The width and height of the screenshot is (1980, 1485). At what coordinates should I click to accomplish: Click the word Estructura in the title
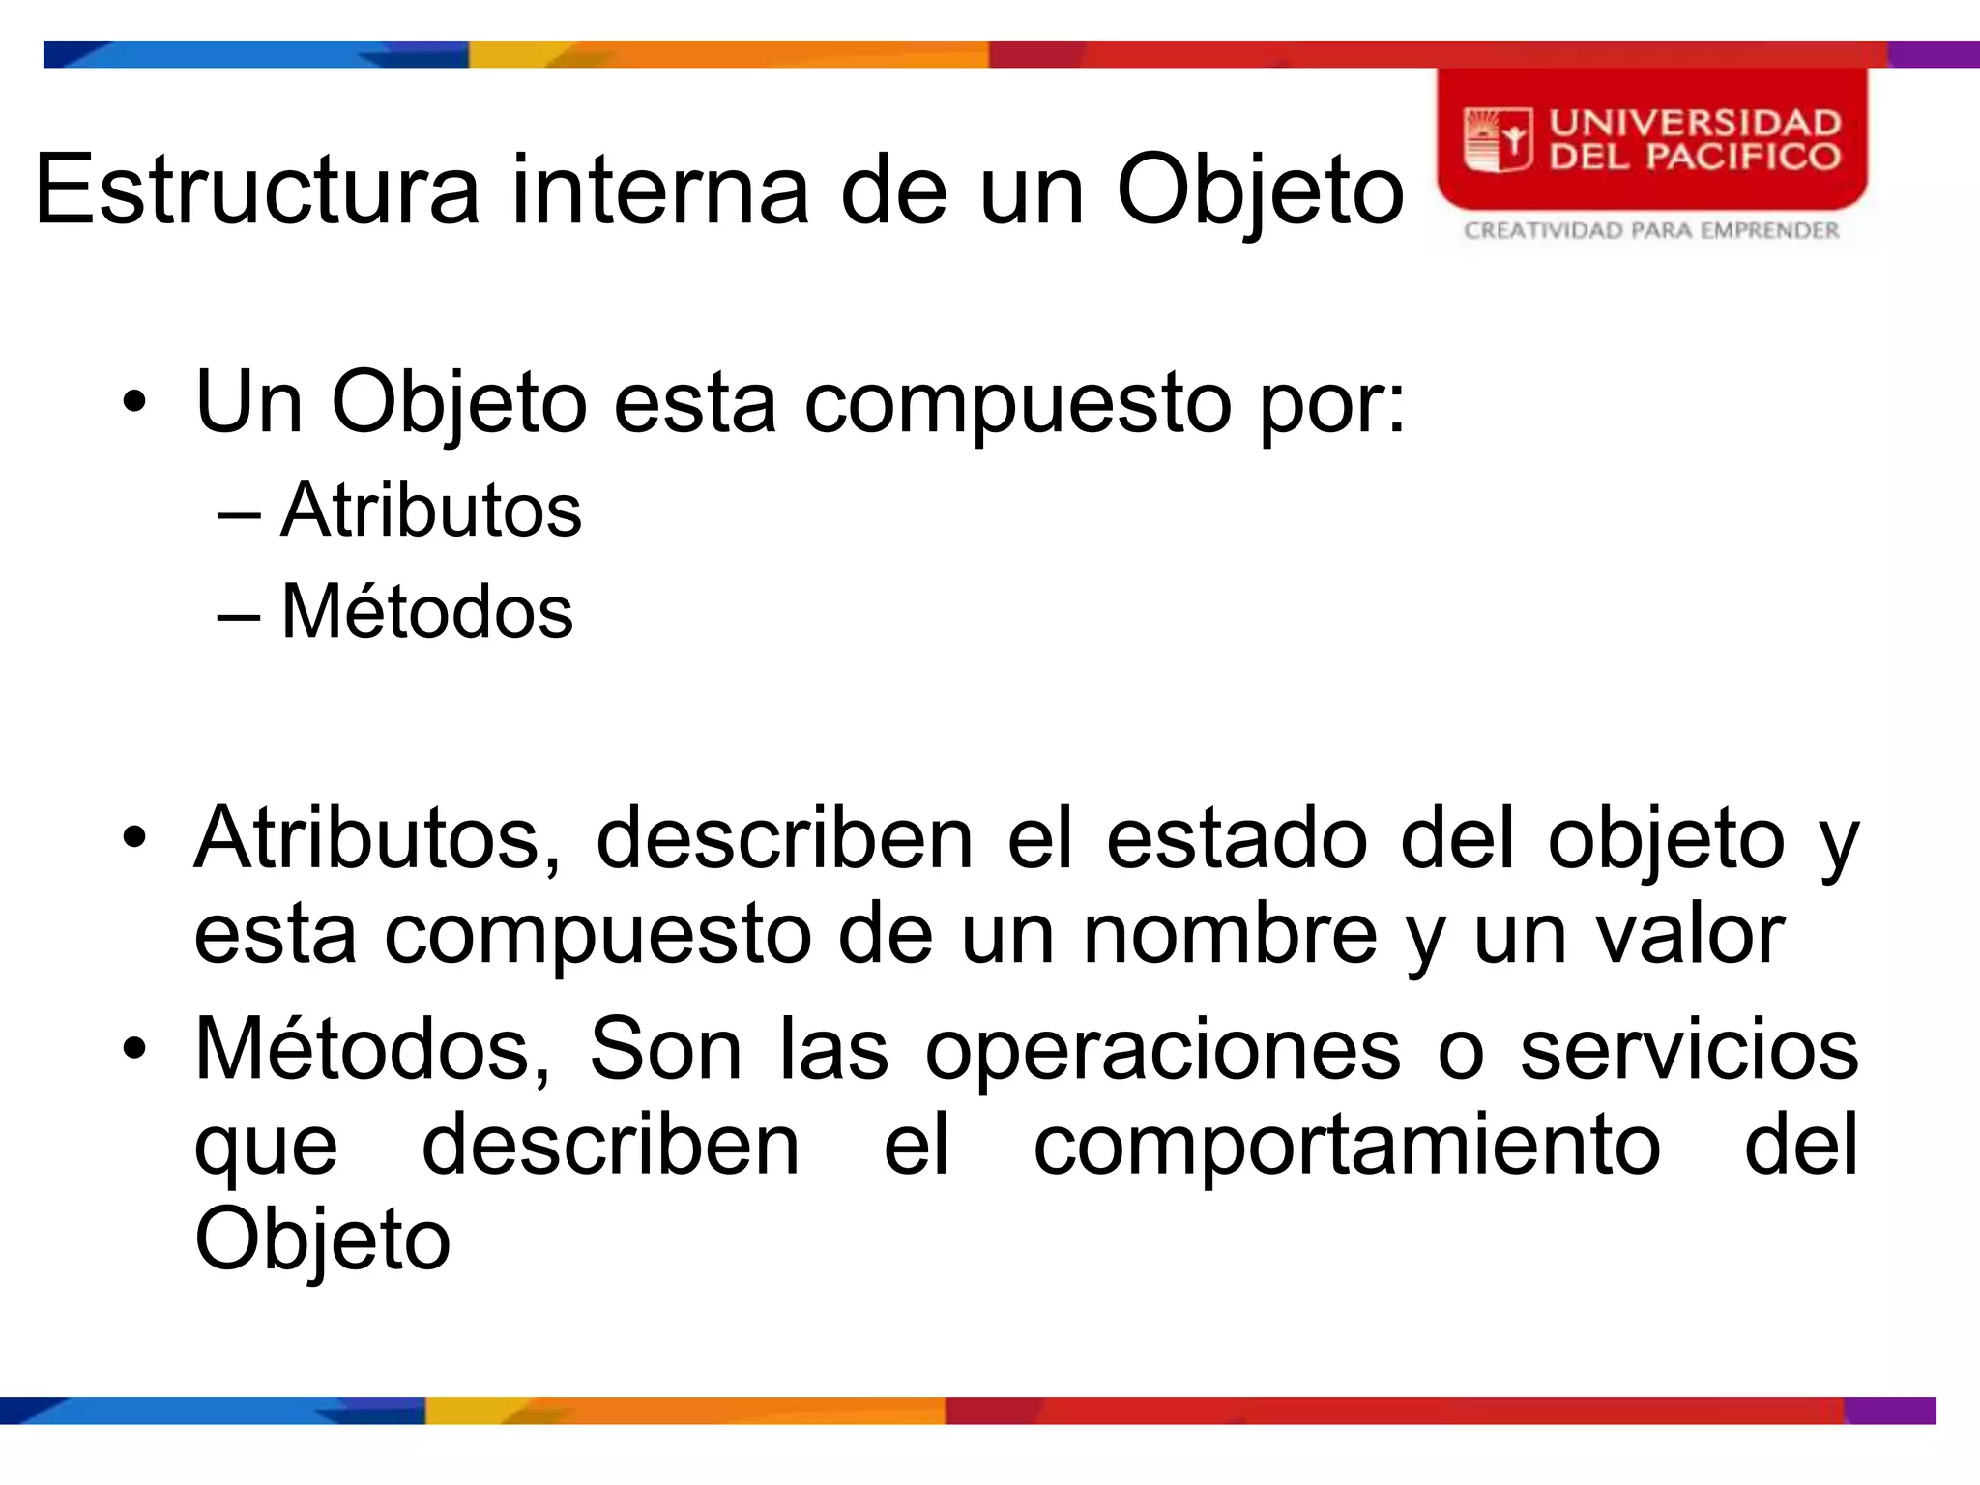[257, 189]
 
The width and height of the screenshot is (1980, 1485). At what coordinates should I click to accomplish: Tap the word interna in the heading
[659, 189]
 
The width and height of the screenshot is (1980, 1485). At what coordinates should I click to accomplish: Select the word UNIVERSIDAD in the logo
[1695, 123]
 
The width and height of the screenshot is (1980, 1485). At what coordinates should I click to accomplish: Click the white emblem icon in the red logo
[1498, 140]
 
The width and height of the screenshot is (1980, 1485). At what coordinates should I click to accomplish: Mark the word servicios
[1688, 1049]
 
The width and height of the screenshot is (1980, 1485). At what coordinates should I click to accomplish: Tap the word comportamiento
[1346, 1146]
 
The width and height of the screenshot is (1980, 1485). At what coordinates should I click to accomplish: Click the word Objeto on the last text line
[322, 1240]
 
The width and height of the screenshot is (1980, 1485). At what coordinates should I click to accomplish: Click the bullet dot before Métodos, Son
[134, 1048]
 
